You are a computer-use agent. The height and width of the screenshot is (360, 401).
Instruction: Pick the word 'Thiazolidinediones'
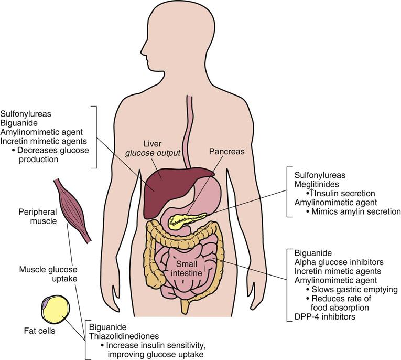click(124, 336)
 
